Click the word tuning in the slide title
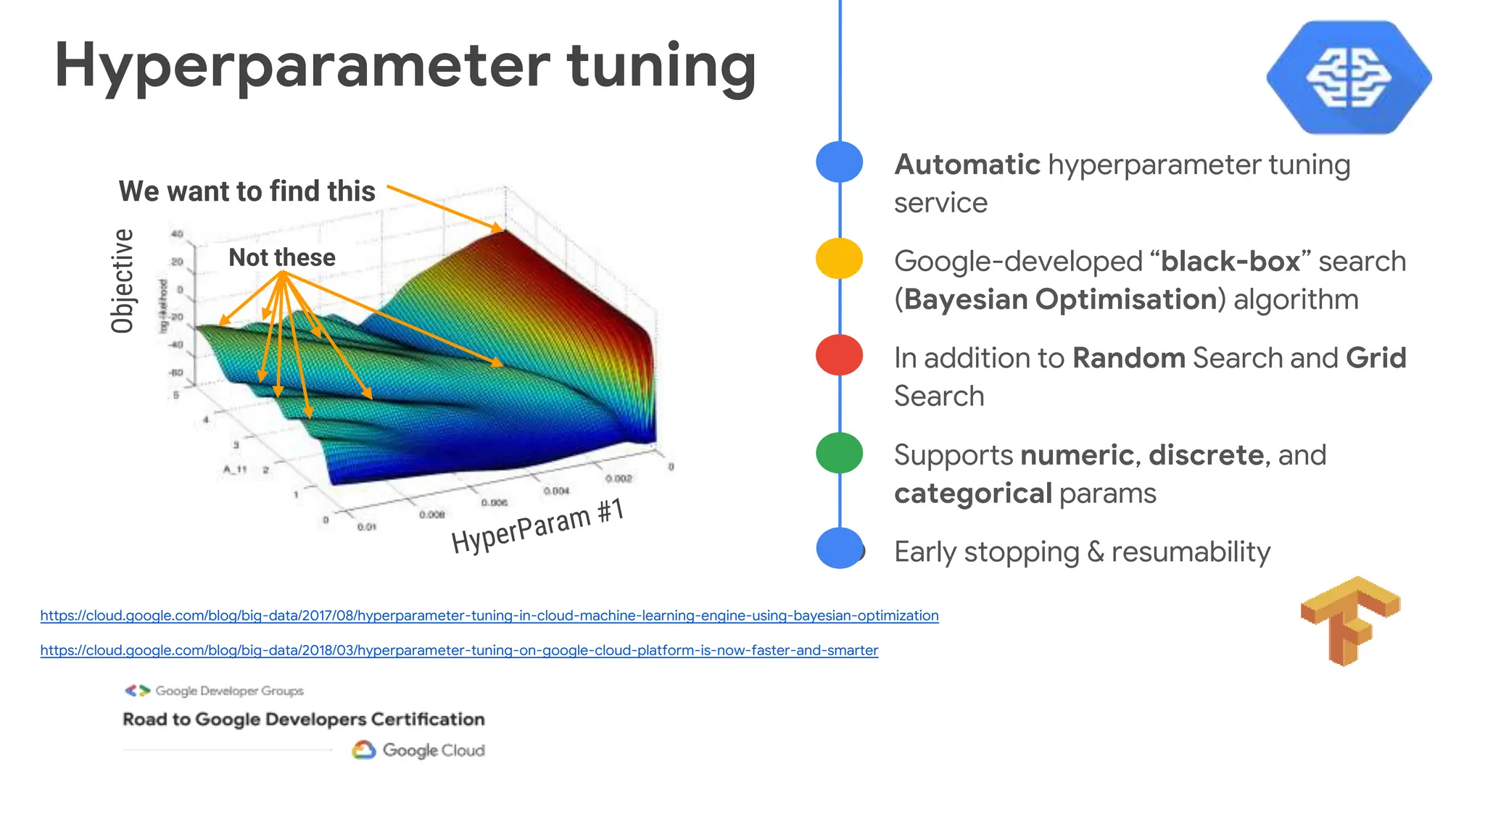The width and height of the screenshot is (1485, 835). click(661, 67)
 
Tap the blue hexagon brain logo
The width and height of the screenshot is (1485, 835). click(1349, 77)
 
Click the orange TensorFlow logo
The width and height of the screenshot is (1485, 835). click(1349, 620)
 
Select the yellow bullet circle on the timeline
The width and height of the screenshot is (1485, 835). click(839, 259)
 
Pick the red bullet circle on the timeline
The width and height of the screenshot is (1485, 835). click(839, 355)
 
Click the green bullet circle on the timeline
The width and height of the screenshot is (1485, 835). click(839, 452)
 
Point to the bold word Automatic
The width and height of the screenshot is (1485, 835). click(967, 165)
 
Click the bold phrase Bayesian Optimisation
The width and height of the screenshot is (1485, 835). click(1059, 299)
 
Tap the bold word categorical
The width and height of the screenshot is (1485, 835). click(972, 494)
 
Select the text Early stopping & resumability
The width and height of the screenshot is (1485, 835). click(1081, 552)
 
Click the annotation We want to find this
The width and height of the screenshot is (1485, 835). click(247, 191)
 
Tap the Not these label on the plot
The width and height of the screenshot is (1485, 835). click(281, 257)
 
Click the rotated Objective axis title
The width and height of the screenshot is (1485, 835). click(123, 281)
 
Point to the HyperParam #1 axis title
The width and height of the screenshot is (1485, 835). click(537, 526)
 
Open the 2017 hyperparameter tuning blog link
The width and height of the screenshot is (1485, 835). click(489, 615)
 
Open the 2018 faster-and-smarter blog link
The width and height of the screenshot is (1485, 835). click(458, 650)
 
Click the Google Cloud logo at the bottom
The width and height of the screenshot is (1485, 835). click(418, 750)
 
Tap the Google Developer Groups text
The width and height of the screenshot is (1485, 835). click(228, 691)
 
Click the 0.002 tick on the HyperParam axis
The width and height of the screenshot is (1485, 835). click(618, 478)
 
